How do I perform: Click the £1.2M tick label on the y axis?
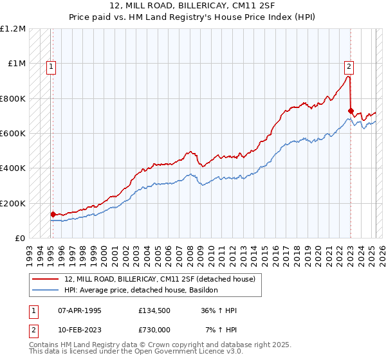tap(14, 29)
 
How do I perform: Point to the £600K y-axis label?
tap(12, 133)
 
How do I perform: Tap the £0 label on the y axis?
tap(19, 238)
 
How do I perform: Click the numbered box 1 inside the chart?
tap(51, 65)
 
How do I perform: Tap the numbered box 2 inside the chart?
tap(349, 65)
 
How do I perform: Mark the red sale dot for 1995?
tap(53, 215)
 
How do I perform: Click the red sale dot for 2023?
tap(351, 111)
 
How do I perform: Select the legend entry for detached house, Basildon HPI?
tap(142, 291)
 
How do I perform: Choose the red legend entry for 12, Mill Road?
tap(160, 279)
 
